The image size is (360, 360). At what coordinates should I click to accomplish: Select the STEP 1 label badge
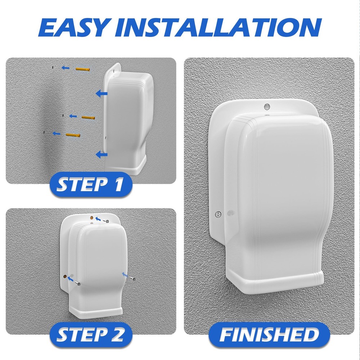pos(90,184)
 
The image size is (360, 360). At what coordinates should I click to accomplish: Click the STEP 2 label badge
pos(90,335)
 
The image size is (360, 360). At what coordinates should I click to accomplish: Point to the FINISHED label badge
pos(269,335)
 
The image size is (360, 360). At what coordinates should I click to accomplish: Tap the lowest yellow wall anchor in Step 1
pos(73,135)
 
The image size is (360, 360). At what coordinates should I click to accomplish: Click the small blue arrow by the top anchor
pos(66,67)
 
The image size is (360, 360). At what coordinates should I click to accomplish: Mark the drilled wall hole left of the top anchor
pos(52,67)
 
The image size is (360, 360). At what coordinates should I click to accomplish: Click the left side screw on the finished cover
pos(217,214)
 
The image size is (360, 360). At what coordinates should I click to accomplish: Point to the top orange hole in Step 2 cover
pos(91,218)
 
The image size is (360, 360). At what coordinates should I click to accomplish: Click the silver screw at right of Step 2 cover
pos(133,279)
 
